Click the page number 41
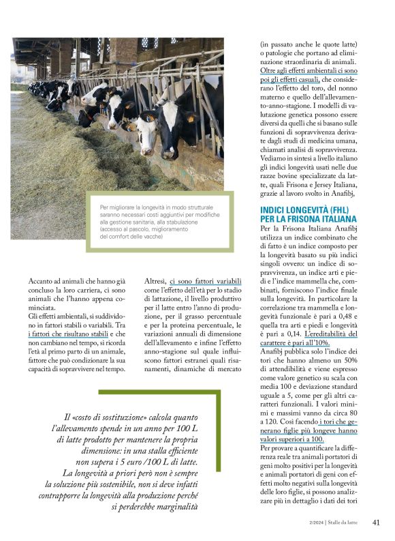[375, 523]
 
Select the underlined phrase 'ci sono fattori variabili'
[206, 280]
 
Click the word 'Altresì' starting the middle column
[157, 280]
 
